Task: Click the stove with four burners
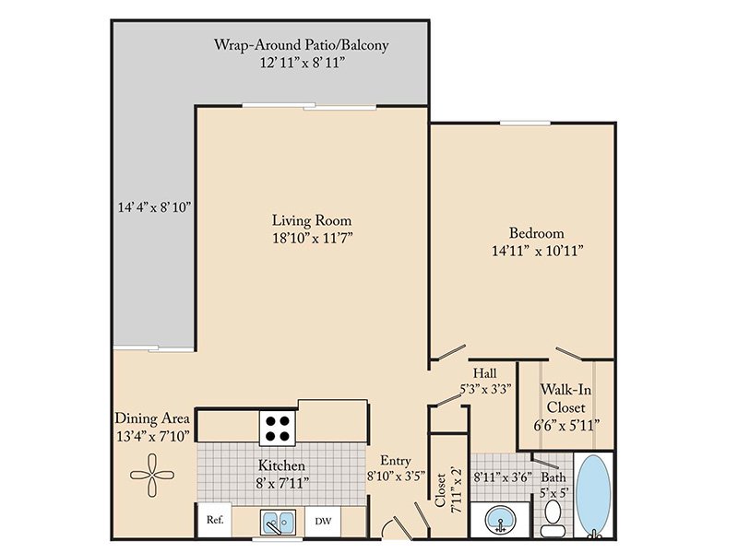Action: (278, 428)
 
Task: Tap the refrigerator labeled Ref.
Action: (215, 520)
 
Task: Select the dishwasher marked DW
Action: (323, 521)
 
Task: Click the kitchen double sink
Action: (279, 522)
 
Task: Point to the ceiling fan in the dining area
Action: (152, 475)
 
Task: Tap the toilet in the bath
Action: (552, 518)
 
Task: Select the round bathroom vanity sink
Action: (500, 520)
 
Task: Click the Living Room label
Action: (312, 220)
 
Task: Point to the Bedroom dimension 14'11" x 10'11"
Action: (538, 251)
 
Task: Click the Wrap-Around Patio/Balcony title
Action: (302, 45)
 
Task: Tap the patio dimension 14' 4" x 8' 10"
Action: (154, 206)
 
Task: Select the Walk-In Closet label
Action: (566, 398)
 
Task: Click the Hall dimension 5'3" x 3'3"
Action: (485, 389)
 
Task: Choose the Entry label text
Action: (396, 461)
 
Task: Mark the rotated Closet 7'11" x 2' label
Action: (447, 489)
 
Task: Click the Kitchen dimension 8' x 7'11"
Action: (283, 482)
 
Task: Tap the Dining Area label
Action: (152, 418)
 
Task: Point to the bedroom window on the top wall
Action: (525, 124)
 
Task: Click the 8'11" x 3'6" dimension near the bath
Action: (502, 477)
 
